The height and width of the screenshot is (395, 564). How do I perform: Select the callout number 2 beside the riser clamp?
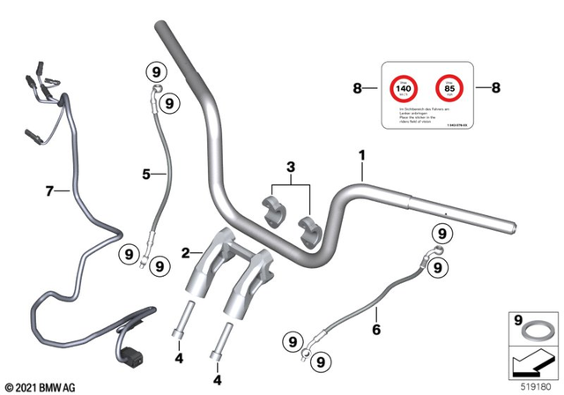(x=185, y=253)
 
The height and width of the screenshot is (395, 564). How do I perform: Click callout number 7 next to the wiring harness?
(x=49, y=190)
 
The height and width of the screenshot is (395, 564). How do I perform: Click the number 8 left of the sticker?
(x=358, y=88)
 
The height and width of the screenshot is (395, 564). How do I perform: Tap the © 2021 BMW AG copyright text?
(x=41, y=386)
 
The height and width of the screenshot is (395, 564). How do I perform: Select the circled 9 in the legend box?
(x=517, y=321)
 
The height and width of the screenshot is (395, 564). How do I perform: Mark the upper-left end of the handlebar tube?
(x=164, y=32)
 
